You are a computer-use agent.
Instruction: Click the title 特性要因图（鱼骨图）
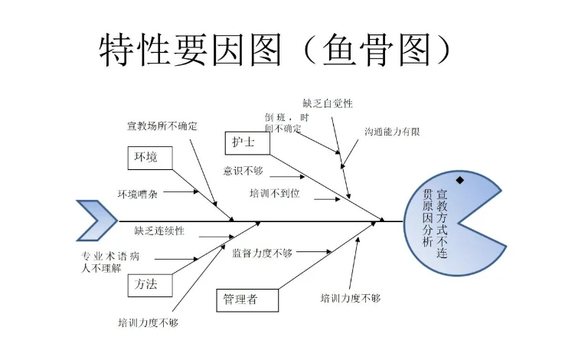275,50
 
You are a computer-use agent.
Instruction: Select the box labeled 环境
150,158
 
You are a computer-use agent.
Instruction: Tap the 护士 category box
247,142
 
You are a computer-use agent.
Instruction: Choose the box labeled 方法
150,285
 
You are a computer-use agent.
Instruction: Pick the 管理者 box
247,300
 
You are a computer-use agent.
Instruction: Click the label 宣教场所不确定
162,126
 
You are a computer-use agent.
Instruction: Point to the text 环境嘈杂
138,194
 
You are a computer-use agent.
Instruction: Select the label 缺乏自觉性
328,103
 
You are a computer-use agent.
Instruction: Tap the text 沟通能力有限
392,132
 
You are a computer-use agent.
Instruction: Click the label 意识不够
243,171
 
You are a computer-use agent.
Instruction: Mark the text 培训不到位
274,193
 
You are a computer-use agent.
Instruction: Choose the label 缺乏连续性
159,231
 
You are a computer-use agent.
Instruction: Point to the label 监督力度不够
262,253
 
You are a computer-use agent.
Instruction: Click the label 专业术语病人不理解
110,262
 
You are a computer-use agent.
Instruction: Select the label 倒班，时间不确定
287,123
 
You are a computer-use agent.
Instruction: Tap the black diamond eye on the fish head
460,180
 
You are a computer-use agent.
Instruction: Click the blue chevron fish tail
96,221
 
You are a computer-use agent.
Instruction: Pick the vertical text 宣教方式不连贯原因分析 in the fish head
435,223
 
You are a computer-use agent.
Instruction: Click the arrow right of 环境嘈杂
181,191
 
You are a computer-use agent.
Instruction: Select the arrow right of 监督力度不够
314,252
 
